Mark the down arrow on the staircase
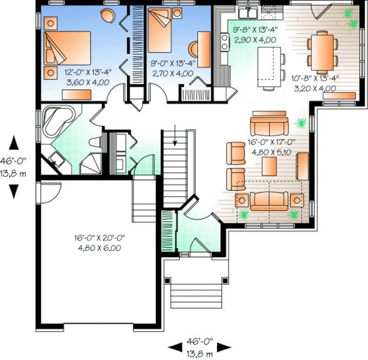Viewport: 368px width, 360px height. (x=175, y=140)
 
